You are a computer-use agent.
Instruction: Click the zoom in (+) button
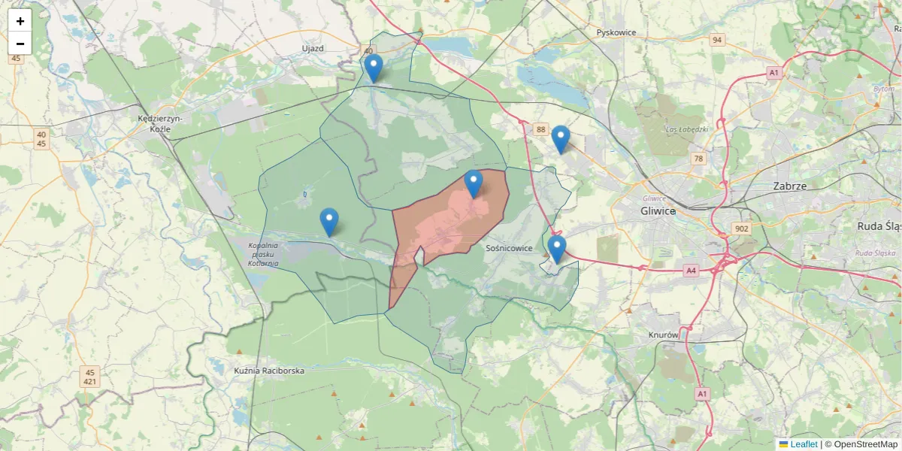tap(20, 21)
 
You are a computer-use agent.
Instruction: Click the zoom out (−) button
tap(20, 44)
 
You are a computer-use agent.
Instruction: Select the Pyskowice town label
tap(616, 33)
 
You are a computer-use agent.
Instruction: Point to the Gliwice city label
tap(658, 211)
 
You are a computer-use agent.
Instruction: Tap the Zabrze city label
tap(789, 186)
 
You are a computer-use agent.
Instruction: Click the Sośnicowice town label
tap(510, 248)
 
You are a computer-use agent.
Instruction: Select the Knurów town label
tap(663, 334)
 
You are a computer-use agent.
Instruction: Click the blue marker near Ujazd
tap(374, 68)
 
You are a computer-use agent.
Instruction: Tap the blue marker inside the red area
tap(474, 184)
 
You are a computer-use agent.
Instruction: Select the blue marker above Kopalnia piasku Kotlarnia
tap(329, 222)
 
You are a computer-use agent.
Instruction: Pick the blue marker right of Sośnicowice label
tap(556, 250)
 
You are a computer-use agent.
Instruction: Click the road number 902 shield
tap(741, 229)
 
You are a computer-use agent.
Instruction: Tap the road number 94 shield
tap(717, 40)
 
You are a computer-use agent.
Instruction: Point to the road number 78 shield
tap(698, 159)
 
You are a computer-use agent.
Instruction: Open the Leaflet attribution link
tap(804, 444)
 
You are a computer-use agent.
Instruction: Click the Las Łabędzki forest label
tap(687, 129)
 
